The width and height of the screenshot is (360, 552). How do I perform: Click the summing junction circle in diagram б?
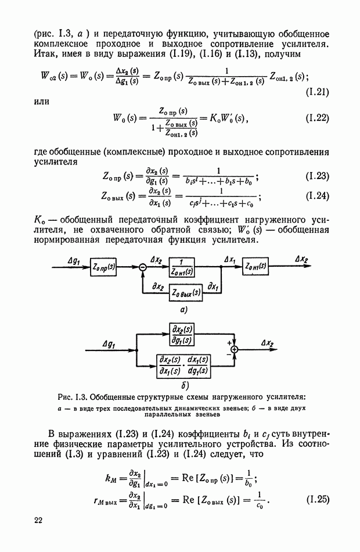tap(235, 350)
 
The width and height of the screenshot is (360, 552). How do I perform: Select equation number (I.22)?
tap(316, 119)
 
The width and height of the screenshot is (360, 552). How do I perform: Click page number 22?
tap(38, 519)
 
